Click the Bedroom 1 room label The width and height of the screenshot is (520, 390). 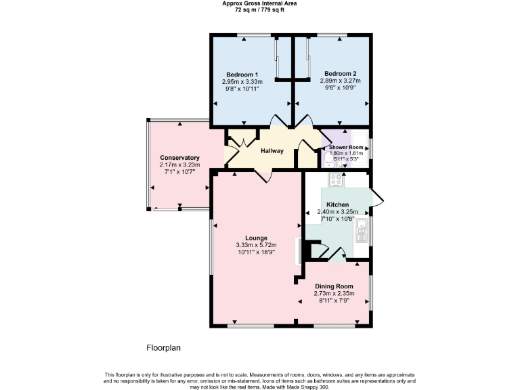pos(242,74)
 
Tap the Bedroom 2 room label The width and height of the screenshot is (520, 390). pos(340,74)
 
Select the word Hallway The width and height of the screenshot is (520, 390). pos(273,152)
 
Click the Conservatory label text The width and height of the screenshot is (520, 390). pos(179,157)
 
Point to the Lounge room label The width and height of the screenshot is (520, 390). pos(256,238)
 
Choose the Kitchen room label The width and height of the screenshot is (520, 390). pos(337,204)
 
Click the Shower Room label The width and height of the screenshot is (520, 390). pos(346,147)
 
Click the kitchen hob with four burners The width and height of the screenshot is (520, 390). pos(337,180)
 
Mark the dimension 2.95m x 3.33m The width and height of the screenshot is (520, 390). pos(242,81)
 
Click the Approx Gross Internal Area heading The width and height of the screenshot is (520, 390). pos(259,3)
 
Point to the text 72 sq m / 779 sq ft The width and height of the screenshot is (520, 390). pos(259,10)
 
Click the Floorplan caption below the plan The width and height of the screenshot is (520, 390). pos(164,348)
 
